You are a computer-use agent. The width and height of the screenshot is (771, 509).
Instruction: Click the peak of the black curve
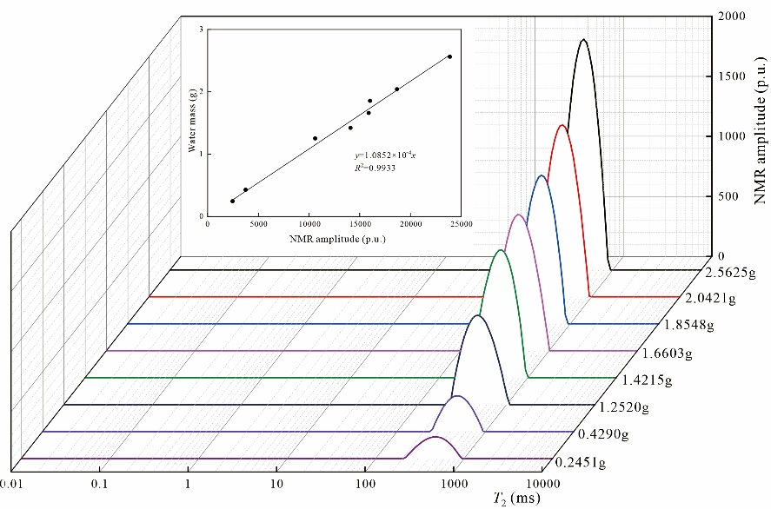(582, 40)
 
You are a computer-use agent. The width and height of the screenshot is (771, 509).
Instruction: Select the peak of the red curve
(562, 126)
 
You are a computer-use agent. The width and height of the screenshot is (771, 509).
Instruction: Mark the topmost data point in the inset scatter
(449, 56)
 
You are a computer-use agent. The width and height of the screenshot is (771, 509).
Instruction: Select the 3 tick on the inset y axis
(201, 30)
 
